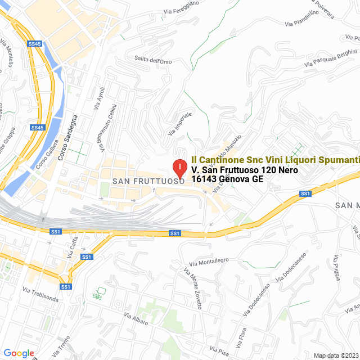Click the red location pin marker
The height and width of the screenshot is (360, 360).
tap(179, 168)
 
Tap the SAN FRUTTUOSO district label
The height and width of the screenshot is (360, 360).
tap(148, 182)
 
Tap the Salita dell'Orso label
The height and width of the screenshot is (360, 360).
tap(153, 60)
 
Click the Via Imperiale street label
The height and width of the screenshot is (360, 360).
tap(180, 123)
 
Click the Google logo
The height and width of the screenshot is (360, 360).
tap(19, 353)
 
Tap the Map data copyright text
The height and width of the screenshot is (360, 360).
tap(336, 355)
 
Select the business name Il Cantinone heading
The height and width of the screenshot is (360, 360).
tap(275, 160)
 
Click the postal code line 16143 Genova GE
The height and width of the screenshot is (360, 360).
tap(227, 179)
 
